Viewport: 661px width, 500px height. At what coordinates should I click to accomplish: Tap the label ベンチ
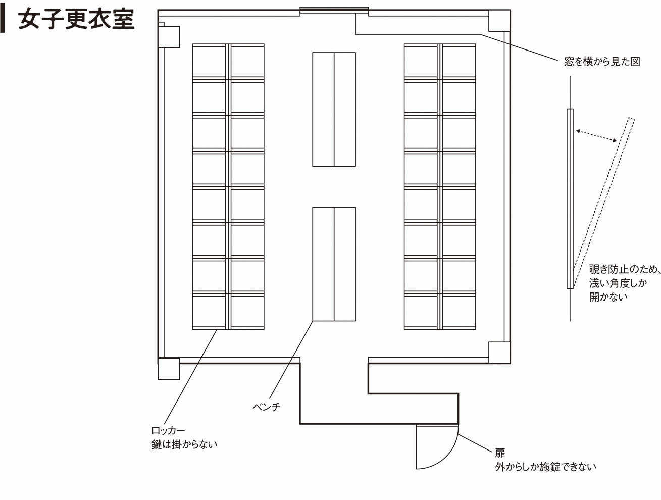(x=266, y=407)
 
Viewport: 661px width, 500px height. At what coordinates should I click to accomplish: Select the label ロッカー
(x=168, y=431)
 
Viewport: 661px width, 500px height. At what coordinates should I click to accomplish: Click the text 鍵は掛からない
(x=184, y=445)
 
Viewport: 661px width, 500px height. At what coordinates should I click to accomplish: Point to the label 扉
(x=499, y=453)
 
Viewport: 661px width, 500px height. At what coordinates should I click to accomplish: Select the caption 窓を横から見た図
(x=602, y=62)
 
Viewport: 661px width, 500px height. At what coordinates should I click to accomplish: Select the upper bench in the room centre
(x=334, y=109)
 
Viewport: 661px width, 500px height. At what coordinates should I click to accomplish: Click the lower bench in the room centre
(x=334, y=264)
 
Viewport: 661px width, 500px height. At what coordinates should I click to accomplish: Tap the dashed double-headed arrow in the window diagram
(x=596, y=135)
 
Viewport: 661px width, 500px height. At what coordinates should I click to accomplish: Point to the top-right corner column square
(x=499, y=21)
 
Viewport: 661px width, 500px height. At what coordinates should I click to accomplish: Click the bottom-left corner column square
(x=169, y=369)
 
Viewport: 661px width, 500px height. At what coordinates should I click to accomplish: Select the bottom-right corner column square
(x=499, y=353)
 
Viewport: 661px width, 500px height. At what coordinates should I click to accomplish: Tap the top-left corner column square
(x=169, y=37)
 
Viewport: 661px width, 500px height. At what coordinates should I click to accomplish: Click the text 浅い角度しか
(x=618, y=283)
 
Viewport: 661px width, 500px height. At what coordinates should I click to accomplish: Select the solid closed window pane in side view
(x=570, y=198)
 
